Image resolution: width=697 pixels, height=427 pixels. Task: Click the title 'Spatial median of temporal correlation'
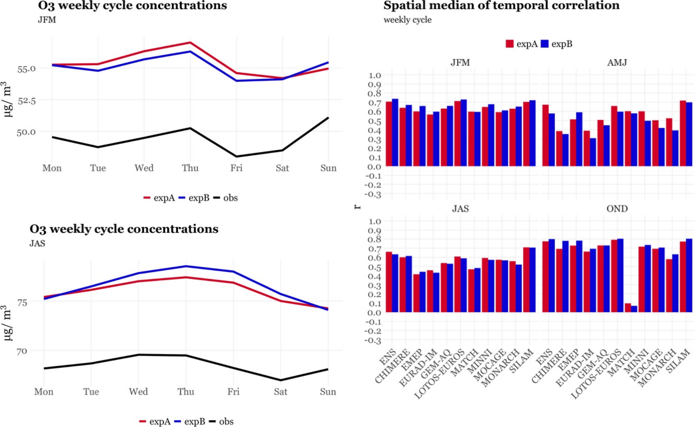501,6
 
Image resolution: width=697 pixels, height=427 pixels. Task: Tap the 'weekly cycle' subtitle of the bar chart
408,20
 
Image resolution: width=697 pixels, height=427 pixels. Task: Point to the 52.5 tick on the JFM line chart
26,101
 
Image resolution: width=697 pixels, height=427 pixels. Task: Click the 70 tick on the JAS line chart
21,351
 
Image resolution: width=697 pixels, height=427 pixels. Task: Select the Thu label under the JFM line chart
190,168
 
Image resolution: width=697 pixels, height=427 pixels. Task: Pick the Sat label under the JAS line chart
280,392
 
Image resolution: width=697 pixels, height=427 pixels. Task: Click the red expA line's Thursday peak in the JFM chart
190,43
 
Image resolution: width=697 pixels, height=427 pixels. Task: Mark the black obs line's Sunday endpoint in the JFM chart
328,118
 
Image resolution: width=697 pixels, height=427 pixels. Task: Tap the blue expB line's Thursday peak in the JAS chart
186,266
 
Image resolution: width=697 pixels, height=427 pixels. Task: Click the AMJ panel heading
617,63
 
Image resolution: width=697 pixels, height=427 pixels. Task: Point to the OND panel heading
617,209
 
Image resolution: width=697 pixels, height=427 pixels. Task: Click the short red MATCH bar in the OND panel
628,308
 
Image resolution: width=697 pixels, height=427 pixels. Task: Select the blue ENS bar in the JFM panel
395,133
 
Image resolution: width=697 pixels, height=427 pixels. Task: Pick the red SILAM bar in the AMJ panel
683,133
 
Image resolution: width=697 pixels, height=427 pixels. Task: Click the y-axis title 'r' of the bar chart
357,207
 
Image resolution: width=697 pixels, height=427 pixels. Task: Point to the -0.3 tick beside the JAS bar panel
373,341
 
